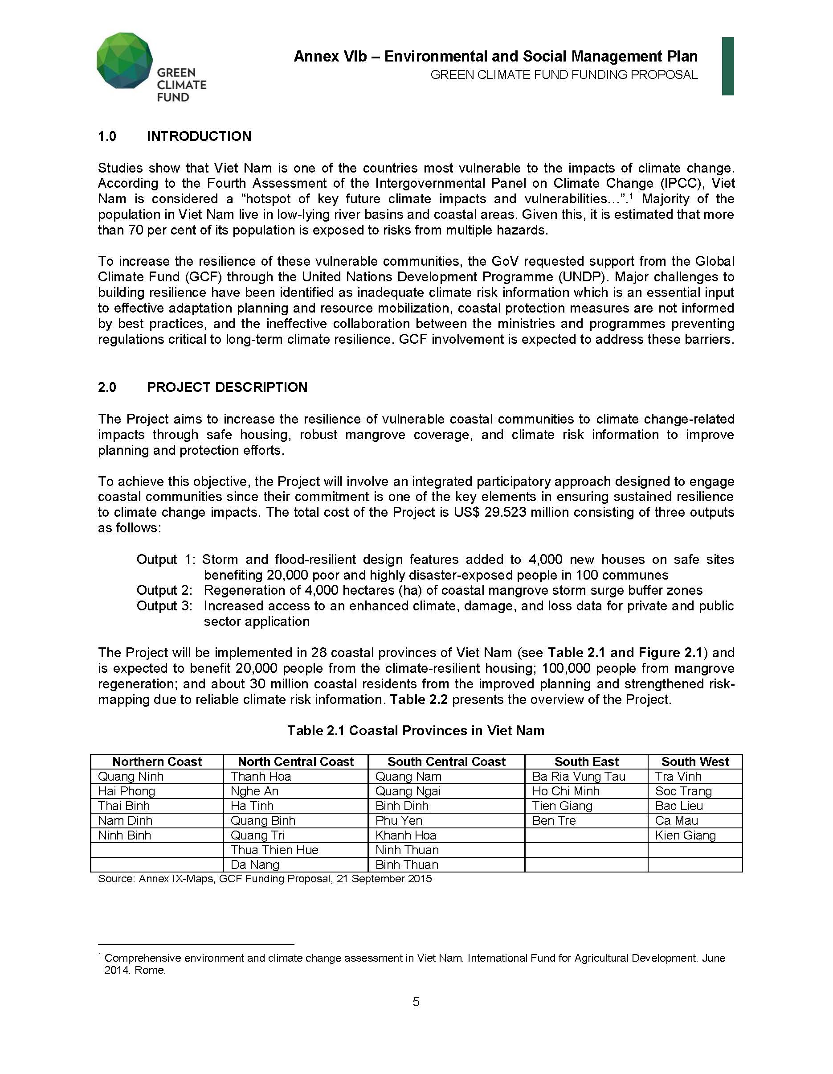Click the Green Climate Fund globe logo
click(x=125, y=61)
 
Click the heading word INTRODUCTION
click(x=199, y=136)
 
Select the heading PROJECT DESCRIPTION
click(x=227, y=387)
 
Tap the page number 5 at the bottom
click(x=416, y=1002)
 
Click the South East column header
click(x=586, y=762)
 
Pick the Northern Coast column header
click(x=157, y=762)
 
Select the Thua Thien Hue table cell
click(x=274, y=850)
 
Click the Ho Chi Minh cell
click(x=566, y=791)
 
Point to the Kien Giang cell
click(x=685, y=835)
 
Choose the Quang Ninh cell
click(x=130, y=777)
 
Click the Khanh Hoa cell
click(x=405, y=835)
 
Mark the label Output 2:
click(x=164, y=591)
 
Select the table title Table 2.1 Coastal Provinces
click(x=416, y=731)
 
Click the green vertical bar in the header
click(x=728, y=66)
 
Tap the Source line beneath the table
click(x=265, y=879)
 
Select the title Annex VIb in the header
click(x=330, y=57)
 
